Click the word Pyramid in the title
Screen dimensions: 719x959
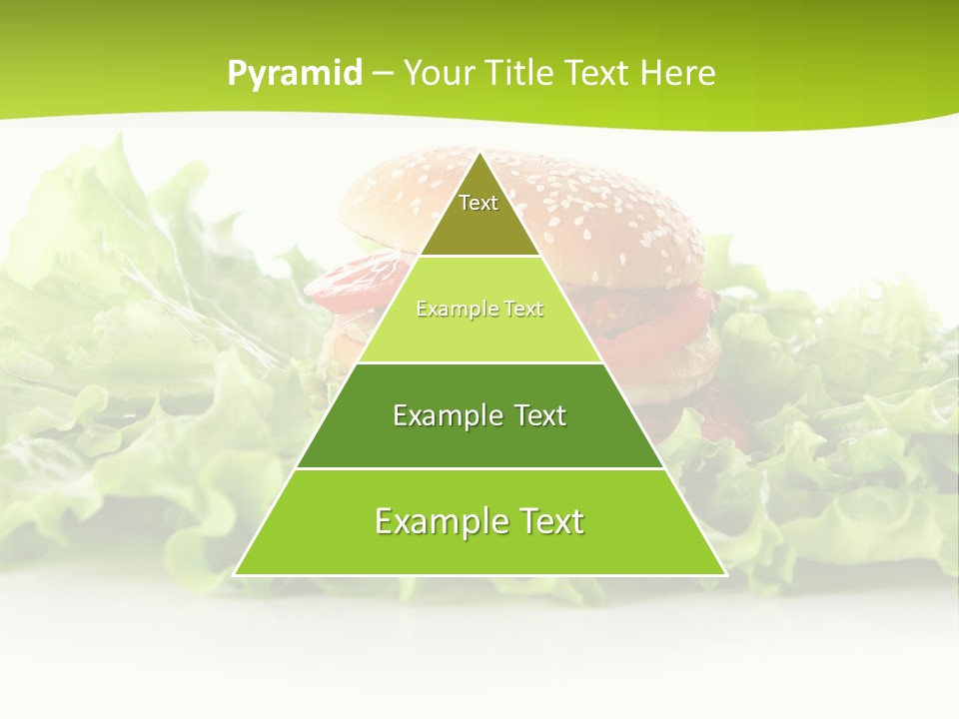[294, 73]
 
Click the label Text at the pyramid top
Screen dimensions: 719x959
[479, 203]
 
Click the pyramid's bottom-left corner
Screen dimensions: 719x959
[236, 574]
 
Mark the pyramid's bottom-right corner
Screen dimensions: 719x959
[724, 574]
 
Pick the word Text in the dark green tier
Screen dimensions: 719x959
[541, 415]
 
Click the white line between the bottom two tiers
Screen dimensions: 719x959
[479, 468]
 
